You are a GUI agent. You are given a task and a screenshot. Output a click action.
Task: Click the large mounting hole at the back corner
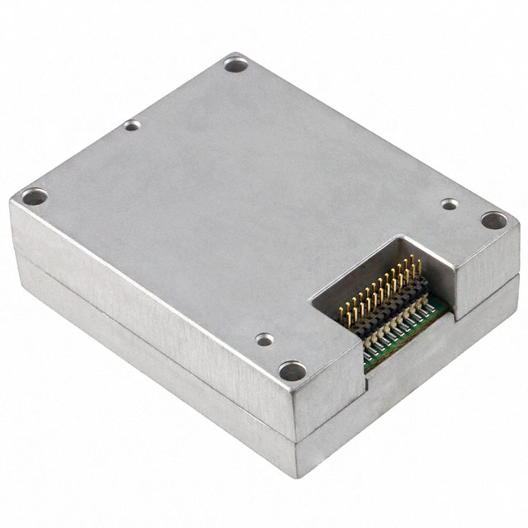(234, 63)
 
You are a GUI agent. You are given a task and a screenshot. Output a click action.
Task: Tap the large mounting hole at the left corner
(35, 197)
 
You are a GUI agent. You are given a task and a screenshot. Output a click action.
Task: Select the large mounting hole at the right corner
(493, 220)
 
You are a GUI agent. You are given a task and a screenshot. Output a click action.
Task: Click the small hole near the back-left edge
(132, 126)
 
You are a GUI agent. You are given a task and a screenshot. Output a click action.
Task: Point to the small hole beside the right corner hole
(449, 203)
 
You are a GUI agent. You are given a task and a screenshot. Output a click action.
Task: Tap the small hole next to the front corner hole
(264, 338)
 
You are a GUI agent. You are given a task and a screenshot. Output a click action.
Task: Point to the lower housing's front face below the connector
(412, 388)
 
